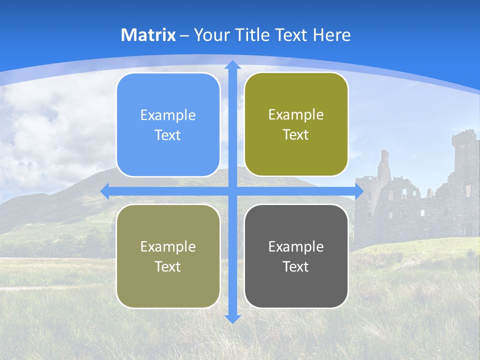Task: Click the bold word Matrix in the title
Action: click(148, 35)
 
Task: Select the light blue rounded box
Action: click(168, 125)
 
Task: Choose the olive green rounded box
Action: click(296, 124)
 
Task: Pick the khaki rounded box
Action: click(168, 256)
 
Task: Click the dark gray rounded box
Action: click(296, 256)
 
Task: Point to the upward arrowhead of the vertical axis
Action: click(232, 65)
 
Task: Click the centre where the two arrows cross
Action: click(232, 191)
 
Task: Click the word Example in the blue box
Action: click(168, 115)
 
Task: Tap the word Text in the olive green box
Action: click(296, 134)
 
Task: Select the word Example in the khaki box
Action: click(168, 246)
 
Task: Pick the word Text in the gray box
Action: click(296, 266)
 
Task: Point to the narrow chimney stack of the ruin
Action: click(383, 165)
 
